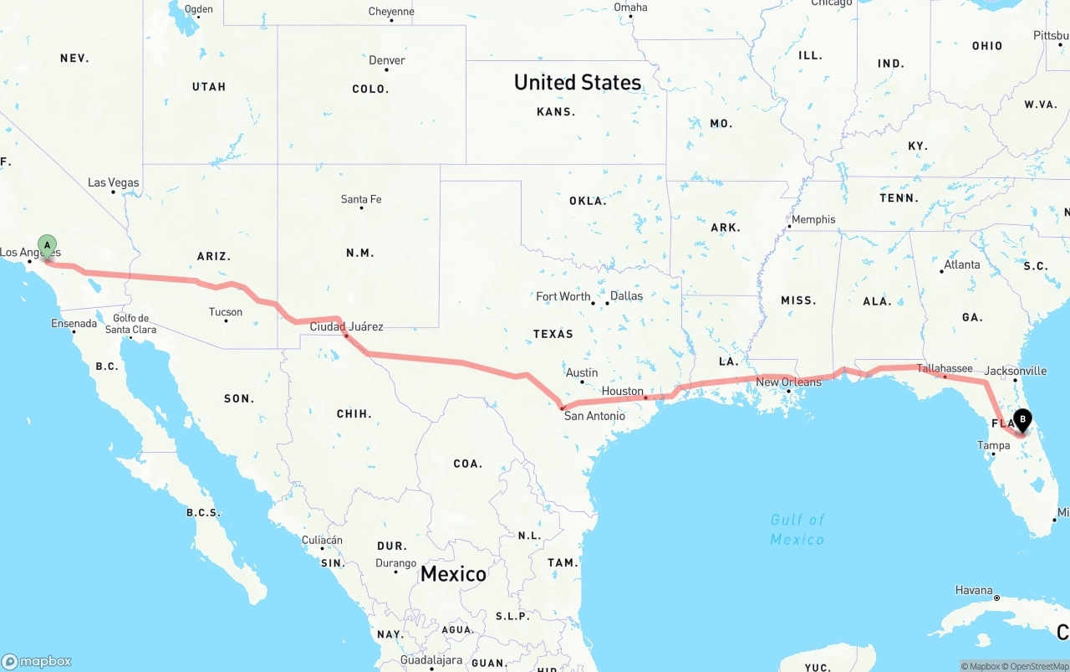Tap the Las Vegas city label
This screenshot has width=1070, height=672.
click(114, 182)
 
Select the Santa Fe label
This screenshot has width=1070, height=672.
click(361, 199)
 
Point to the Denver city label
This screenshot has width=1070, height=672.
click(387, 60)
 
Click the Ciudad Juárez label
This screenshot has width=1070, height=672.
click(346, 326)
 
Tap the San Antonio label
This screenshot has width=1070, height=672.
click(594, 416)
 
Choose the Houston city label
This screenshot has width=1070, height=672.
click(623, 391)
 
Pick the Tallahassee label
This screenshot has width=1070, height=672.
click(945, 368)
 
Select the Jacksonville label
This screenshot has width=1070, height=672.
click(1015, 371)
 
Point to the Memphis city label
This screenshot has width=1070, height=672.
click(813, 219)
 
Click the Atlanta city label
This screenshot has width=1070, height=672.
click(961, 264)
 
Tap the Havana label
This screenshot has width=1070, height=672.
click(974, 590)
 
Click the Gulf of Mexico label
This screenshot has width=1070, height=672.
click(797, 530)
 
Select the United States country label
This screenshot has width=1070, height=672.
click(578, 82)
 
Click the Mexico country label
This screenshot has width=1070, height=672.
click(453, 574)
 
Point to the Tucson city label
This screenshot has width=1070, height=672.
click(226, 312)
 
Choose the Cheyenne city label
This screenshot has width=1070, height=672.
click(391, 12)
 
